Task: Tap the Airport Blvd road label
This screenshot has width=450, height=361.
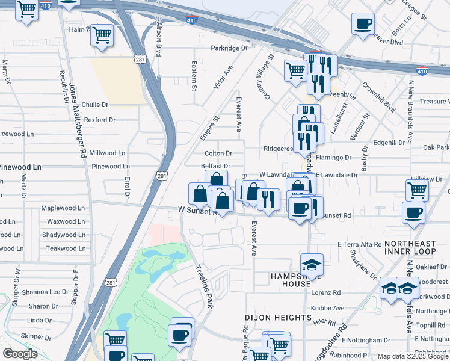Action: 159,40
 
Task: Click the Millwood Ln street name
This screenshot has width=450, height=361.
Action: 107,153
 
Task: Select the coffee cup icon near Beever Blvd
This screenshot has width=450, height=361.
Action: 363,25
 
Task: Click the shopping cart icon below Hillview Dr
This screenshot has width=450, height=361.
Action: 418,190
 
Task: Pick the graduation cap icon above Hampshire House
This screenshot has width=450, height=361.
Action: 312,265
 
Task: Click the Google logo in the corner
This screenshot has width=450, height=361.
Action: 20,354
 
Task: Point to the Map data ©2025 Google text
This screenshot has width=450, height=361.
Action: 412,356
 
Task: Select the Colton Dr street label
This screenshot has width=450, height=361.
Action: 218,153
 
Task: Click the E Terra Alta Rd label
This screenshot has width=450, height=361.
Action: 359,245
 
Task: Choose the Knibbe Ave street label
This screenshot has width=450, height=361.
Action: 327,308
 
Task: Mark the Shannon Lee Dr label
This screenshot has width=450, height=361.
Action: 45,292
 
